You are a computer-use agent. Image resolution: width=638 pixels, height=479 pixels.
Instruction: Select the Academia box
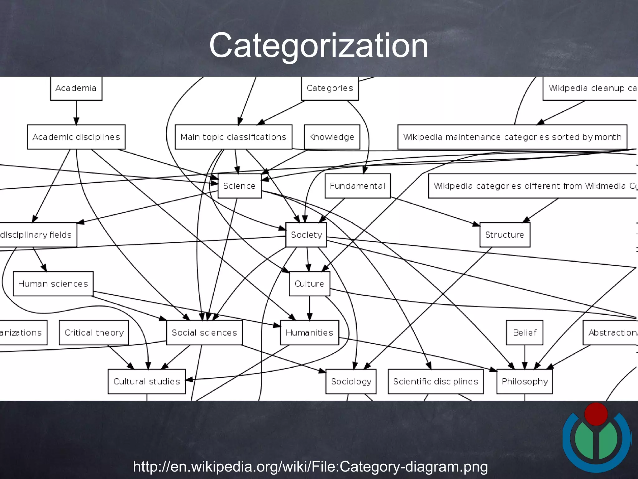coord(76,88)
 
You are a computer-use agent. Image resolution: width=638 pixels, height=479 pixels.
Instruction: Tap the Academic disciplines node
coord(76,137)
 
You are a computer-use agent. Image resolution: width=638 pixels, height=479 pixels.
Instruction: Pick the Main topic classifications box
coord(233,137)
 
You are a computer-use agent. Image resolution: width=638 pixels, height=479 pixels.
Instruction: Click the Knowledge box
coord(331,137)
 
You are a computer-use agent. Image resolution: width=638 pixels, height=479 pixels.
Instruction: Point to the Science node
coord(239,186)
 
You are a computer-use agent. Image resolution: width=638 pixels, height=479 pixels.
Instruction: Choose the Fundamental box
coord(357,186)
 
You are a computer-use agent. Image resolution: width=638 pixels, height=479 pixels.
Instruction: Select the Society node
coord(306,235)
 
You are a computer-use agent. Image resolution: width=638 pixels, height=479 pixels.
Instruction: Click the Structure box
coord(504,235)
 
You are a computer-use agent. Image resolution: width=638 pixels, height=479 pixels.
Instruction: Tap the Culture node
coord(309,284)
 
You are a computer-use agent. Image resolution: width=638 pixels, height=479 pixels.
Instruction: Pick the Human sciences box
coord(53,284)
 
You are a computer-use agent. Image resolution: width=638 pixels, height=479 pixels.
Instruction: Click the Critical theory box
coord(94,333)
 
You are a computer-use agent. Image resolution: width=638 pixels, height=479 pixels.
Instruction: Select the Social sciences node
coord(204,333)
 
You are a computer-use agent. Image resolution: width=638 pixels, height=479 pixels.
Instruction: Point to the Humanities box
coord(309,333)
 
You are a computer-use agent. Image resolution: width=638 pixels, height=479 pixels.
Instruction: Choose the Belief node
coord(524,333)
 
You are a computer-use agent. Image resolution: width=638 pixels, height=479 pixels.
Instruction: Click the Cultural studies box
coord(146,381)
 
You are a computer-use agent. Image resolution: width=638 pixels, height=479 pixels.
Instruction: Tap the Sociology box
coord(351,381)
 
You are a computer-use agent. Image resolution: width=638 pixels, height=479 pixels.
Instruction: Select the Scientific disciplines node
coord(435,381)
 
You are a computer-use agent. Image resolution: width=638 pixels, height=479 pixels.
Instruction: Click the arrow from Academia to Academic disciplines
coord(76,113)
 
